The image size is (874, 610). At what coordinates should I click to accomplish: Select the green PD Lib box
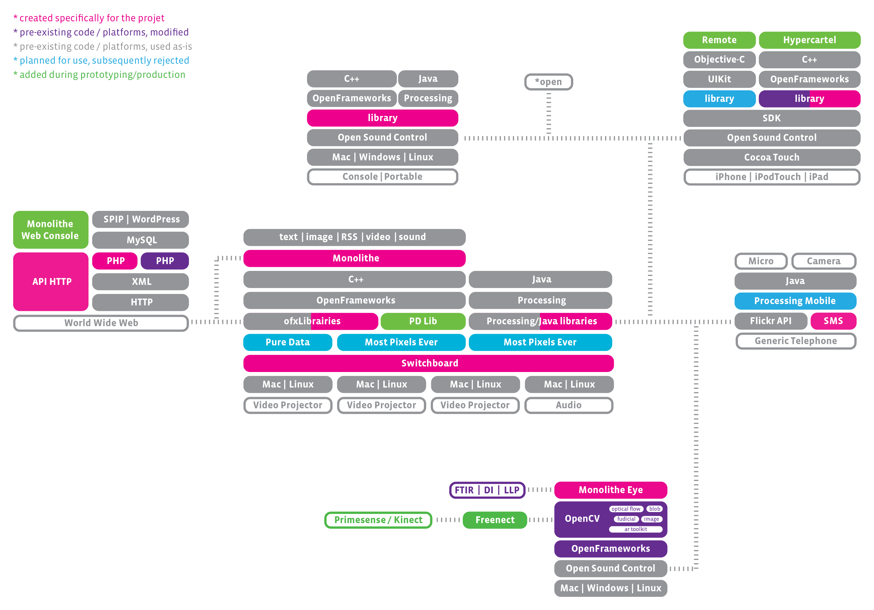[x=423, y=321]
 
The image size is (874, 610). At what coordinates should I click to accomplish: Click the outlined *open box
[x=548, y=82]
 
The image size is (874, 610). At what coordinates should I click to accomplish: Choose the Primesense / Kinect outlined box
[x=378, y=520]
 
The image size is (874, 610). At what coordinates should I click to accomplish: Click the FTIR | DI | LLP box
[x=487, y=490]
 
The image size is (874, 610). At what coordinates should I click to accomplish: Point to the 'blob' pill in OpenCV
[x=654, y=509]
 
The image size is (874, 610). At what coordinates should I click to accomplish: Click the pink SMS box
[x=833, y=321]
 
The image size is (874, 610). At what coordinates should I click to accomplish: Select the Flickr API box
[x=770, y=321]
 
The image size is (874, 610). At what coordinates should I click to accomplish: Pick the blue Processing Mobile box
[x=795, y=301]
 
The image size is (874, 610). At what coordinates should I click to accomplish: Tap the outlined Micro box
[x=760, y=261]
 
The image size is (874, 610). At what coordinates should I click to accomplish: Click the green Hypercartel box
[x=809, y=40]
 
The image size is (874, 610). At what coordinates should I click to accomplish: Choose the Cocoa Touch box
[x=772, y=157]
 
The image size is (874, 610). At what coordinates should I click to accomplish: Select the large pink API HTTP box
[x=51, y=282]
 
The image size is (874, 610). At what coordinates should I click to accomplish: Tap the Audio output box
[x=568, y=405]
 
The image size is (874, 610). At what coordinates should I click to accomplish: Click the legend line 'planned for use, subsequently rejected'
[x=102, y=61]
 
